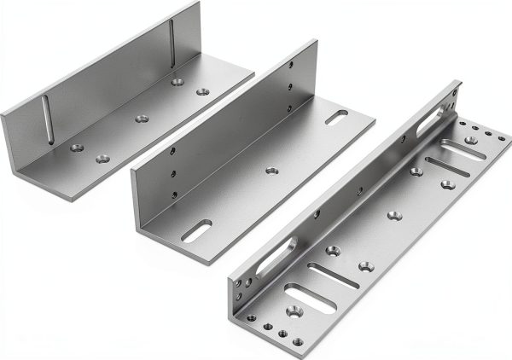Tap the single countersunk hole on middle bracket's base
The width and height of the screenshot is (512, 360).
271,171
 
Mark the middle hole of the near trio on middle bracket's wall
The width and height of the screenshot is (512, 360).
172,177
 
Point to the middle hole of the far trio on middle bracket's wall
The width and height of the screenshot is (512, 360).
290,86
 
